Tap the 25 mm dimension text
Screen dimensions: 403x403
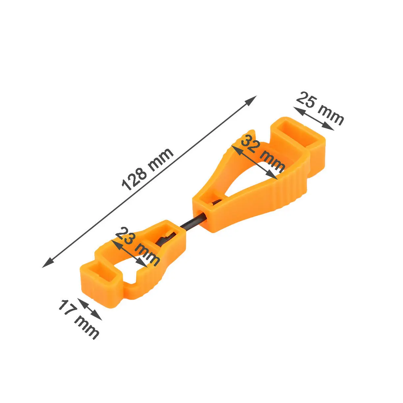click(x=320, y=108)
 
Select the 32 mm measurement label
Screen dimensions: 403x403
click(x=263, y=155)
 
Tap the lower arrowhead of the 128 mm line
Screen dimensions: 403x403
click(x=47, y=263)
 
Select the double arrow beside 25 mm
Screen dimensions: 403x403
click(x=314, y=119)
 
